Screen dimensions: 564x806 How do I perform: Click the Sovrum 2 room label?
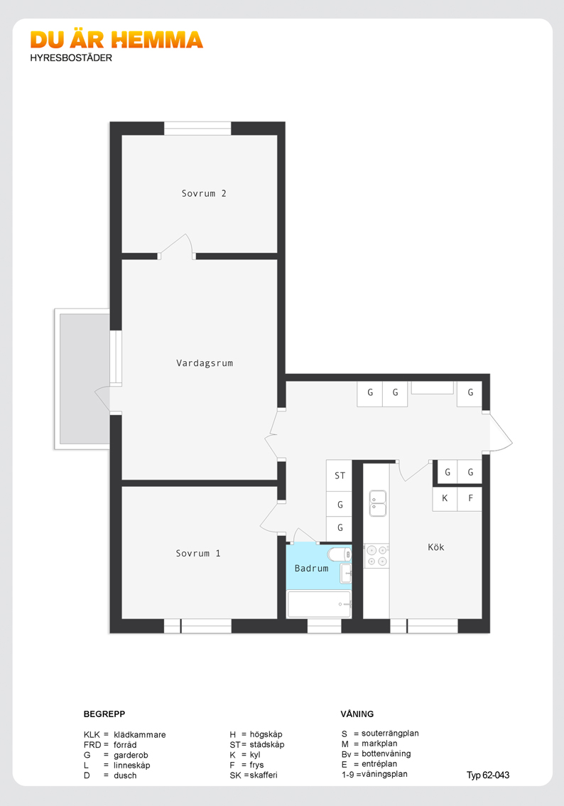203,193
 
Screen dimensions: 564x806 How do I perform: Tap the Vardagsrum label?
205,363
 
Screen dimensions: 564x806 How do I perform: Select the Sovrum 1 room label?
197,553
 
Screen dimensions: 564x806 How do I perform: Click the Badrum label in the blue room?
311,568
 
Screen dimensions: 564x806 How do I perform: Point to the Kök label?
435,547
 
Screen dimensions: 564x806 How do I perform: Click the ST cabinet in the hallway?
339,475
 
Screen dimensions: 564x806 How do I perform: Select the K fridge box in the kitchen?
445,498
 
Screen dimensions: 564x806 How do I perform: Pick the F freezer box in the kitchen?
470,498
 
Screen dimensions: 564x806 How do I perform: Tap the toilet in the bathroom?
340,554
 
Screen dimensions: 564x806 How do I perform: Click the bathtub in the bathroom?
320,604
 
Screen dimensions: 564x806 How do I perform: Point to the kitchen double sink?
378,503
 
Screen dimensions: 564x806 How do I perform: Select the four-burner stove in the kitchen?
376,556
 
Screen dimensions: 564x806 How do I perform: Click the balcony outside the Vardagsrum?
82,379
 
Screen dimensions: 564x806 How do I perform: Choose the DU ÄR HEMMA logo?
116,40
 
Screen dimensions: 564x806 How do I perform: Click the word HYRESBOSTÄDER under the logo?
71,58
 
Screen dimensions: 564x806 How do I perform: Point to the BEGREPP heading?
104,714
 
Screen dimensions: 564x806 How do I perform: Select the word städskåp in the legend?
266,744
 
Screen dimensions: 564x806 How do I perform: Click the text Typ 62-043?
488,775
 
